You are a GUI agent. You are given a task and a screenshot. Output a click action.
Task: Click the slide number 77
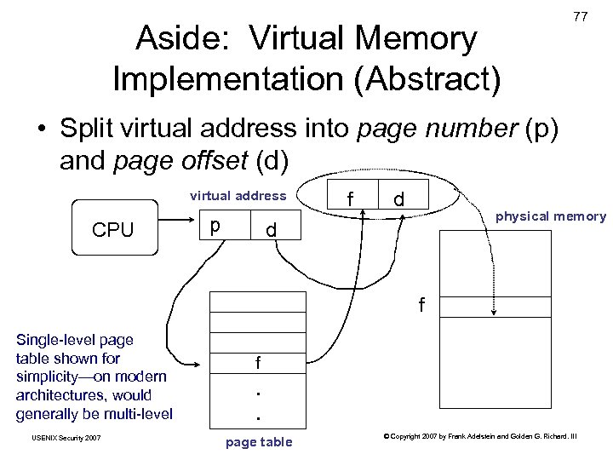point(580,17)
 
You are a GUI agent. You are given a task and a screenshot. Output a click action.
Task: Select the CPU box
point(113,228)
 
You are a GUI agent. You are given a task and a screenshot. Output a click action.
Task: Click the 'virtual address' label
point(238,196)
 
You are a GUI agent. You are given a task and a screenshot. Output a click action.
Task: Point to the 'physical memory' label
point(550,216)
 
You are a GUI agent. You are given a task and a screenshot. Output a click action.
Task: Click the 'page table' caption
point(259,441)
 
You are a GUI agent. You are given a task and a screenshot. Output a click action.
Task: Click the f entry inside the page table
point(257,362)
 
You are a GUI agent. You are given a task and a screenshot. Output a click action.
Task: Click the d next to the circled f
point(398,199)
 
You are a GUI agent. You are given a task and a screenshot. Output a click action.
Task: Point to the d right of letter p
point(270,231)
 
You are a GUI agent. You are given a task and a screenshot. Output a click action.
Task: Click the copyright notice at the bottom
point(480,437)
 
